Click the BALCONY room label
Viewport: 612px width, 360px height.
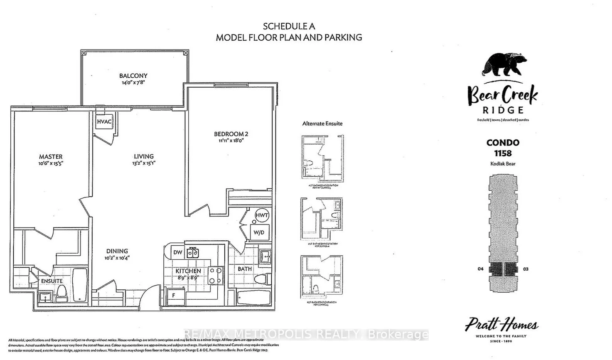point(133,76)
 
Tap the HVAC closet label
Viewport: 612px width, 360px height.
point(104,121)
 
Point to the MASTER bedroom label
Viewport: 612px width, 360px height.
point(51,157)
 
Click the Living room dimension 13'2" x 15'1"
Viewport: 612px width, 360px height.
point(144,163)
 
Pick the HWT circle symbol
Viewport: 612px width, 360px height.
point(262,215)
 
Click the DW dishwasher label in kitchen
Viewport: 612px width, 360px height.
point(177,252)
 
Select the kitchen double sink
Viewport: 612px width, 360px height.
point(192,252)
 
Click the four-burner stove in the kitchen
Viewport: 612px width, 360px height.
point(215,275)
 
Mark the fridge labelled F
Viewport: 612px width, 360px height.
point(174,295)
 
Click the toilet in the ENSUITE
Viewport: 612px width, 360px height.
point(61,293)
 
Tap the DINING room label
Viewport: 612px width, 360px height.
point(117,251)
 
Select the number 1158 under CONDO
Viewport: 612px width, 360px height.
point(503,153)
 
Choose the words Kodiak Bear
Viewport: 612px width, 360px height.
point(503,164)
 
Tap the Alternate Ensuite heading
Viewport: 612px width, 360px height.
point(322,123)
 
